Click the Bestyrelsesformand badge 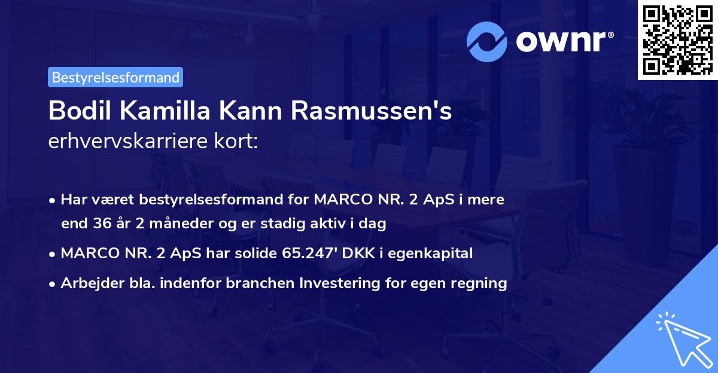tap(115, 77)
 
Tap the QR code tap(677, 39)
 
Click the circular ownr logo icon tap(487, 42)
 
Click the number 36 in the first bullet tap(102, 224)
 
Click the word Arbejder tap(87, 283)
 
